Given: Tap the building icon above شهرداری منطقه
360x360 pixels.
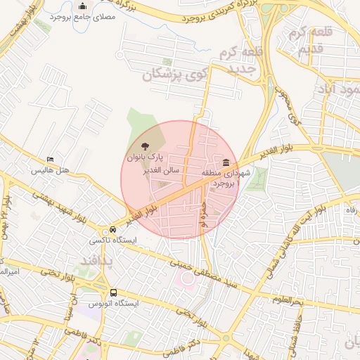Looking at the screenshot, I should coord(225,163).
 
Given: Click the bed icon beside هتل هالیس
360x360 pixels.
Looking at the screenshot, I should coord(49,160).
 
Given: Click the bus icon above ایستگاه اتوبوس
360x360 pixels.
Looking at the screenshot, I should coord(113,292).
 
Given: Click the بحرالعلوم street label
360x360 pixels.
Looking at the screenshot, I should coord(287,300).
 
